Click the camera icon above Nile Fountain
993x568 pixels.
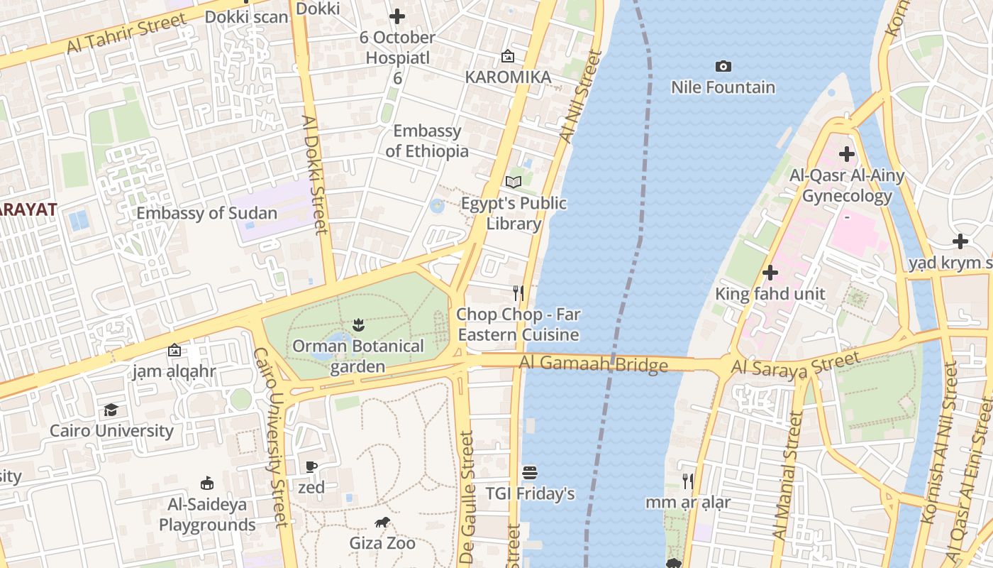723,67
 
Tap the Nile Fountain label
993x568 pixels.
723,87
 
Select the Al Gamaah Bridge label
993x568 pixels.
593,364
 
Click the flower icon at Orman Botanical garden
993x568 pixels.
358,326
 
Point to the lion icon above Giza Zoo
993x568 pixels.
382,523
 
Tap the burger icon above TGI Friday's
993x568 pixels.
529,472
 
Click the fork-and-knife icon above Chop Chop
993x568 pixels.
518,293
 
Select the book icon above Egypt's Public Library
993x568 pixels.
514,182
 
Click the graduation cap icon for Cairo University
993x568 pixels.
111,410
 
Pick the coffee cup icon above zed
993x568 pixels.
311,466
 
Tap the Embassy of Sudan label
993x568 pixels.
206,213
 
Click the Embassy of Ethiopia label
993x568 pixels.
427,141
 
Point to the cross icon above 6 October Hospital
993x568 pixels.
397,16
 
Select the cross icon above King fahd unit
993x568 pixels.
770,273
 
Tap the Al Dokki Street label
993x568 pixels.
316,174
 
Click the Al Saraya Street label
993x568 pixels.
794,363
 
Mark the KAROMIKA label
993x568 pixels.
508,77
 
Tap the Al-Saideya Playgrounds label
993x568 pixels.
207,515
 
